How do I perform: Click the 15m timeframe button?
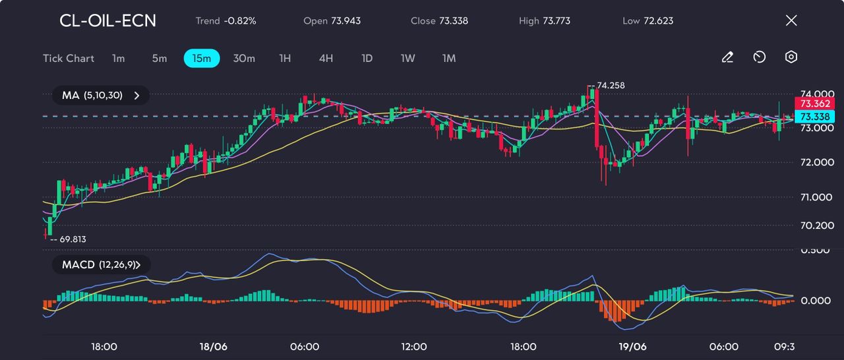[x=202, y=58]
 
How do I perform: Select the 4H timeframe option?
[x=326, y=58]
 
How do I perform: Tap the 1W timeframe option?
[x=408, y=58]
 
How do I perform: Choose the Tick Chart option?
[x=69, y=58]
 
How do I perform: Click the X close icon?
[x=791, y=20]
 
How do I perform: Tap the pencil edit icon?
[x=727, y=57]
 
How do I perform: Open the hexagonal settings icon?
[x=791, y=57]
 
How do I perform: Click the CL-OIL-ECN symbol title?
[x=108, y=20]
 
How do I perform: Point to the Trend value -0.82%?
[x=240, y=21]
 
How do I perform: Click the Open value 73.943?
[x=341, y=21]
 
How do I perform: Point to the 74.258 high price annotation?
[x=609, y=86]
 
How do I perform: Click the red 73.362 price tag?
[x=815, y=104]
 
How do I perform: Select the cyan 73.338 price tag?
[x=815, y=116]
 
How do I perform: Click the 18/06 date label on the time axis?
[x=213, y=347]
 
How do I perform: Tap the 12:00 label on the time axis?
[x=414, y=347]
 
